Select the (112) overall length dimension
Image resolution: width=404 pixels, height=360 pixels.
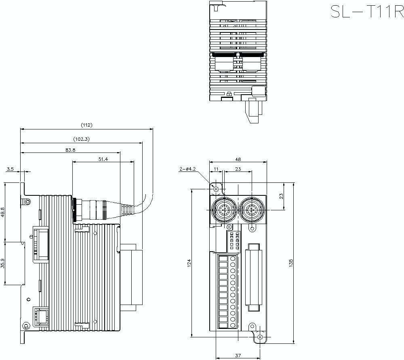86,125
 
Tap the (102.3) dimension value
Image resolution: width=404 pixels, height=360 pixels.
81,139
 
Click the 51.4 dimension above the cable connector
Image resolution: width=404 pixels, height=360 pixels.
103,159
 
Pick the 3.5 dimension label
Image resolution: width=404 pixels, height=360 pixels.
10,169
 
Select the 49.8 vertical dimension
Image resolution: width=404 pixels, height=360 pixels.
3,212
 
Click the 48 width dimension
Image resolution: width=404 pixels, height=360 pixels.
238,159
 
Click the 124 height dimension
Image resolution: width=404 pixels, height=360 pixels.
189,263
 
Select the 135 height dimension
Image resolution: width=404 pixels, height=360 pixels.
291,263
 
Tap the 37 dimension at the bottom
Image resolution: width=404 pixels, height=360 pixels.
238,356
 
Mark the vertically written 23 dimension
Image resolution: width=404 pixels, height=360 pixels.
282,196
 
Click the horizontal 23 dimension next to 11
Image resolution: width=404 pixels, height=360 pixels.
238,169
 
